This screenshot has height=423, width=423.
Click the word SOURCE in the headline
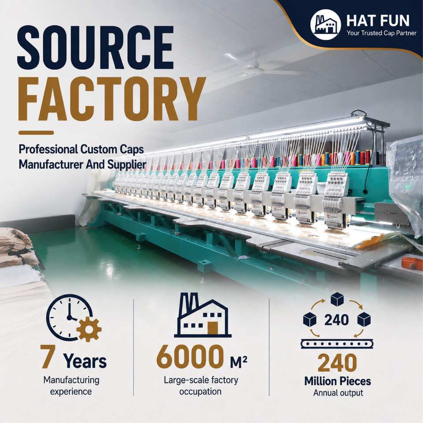96,48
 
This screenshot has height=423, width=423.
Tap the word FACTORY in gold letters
112,99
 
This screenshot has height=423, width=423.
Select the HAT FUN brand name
378,21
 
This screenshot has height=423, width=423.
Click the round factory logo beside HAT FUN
326,25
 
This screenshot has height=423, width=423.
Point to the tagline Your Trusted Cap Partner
382,33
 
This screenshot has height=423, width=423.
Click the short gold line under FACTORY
36,133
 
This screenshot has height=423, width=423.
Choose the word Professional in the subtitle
48,149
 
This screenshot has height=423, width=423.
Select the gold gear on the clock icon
89,330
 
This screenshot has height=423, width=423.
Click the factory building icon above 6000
203,315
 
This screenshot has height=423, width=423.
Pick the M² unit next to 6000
239,362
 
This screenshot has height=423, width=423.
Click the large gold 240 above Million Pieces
337,363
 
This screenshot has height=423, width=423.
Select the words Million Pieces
338,381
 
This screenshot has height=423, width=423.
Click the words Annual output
338,393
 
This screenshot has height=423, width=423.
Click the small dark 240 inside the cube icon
336,320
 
